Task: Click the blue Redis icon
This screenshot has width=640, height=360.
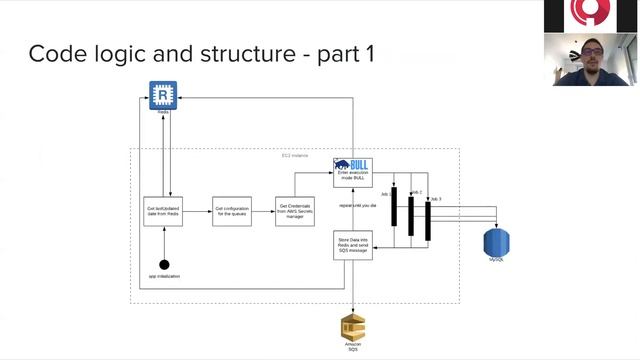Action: tap(162, 95)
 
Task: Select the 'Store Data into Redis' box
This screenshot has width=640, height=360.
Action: tap(352, 245)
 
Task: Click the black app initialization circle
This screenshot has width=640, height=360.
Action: tap(165, 264)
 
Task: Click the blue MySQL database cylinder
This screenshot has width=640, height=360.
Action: tap(497, 241)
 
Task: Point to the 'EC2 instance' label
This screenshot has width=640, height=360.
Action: tap(295, 156)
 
